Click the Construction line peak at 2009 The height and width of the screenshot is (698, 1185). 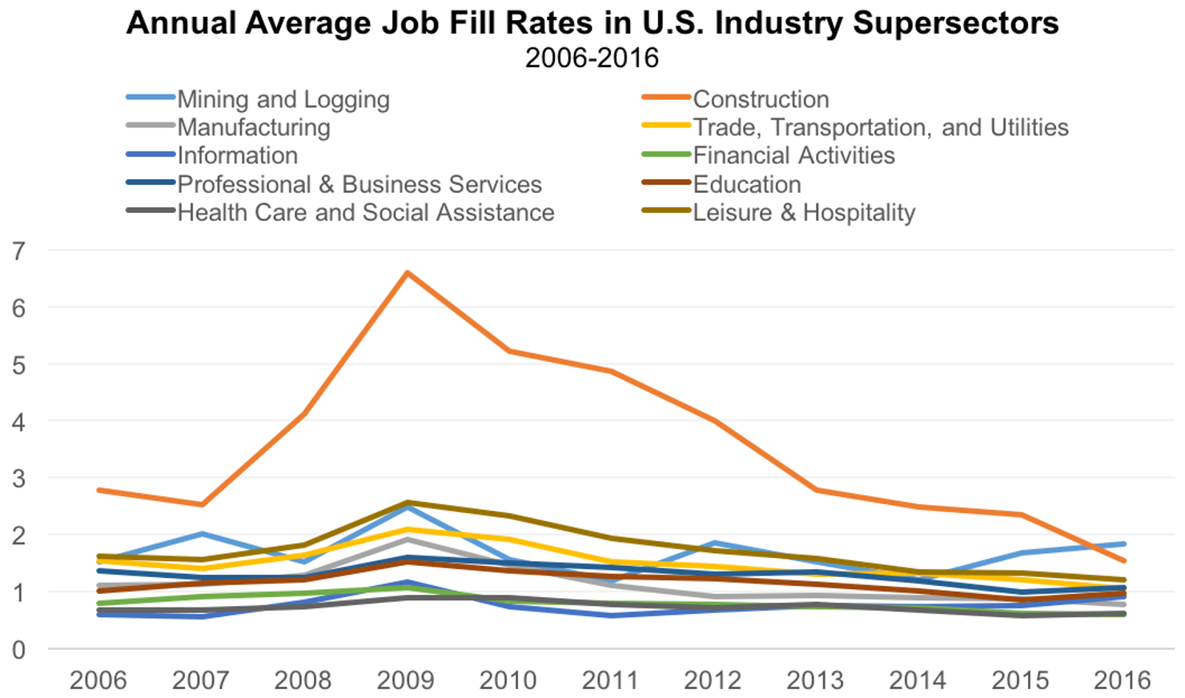point(408,273)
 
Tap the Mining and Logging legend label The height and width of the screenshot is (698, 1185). point(283,99)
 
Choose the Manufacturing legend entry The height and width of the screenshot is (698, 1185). point(253,127)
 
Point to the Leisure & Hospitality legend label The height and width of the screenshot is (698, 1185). point(803,212)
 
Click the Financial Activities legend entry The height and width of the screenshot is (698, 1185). point(793,155)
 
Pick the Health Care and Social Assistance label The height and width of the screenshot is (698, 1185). point(365,212)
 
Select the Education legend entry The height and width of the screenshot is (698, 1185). point(746,184)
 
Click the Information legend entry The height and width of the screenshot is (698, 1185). point(237,155)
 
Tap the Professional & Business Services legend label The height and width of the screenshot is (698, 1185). point(359,184)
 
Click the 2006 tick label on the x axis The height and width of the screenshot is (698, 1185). point(98,680)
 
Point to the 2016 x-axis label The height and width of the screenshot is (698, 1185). point(1122,680)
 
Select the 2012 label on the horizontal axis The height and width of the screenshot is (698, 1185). point(712,680)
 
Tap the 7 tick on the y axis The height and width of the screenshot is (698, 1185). point(18,251)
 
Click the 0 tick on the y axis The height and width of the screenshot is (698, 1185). point(18,649)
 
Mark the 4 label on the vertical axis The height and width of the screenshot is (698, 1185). point(18,421)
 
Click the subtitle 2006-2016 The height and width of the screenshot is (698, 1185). point(592,58)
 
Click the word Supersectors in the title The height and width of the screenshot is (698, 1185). point(955,23)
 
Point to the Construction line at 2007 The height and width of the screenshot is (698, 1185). point(202,504)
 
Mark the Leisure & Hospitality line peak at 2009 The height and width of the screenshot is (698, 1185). point(408,503)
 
